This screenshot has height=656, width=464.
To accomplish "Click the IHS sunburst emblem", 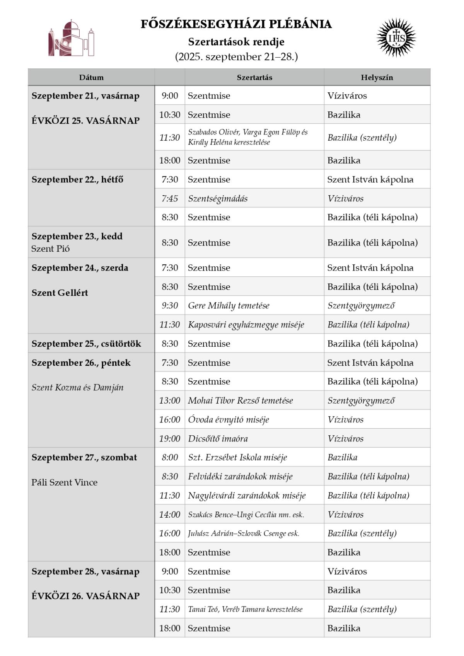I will tap(396, 38).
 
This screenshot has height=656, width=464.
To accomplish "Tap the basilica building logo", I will tap(72, 39).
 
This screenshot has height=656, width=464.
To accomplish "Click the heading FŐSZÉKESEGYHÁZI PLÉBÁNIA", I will tap(236, 24).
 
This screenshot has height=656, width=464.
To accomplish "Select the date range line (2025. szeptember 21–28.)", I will tap(236, 57).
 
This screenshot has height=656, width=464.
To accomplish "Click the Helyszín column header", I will tap(377, 77).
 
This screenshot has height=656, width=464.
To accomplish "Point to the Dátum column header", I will tap(91, 77).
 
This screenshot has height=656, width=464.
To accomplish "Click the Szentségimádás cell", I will tap(218, 199).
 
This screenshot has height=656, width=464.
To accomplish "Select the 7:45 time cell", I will tap(170, 199).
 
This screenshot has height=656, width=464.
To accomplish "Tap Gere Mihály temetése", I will tap(229, 306).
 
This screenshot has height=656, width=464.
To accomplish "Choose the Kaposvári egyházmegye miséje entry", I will tap(246, 325).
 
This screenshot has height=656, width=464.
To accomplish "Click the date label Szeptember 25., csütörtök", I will tap(86, 344).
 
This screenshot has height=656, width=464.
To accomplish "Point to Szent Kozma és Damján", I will tap(77, 387).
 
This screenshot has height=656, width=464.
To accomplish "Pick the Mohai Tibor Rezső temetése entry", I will tap(240, 400).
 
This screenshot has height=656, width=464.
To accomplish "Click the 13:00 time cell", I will tap(170, 400).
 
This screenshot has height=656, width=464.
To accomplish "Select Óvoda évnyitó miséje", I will tap(228, 419).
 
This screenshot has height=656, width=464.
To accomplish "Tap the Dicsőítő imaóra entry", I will tap(218, 439).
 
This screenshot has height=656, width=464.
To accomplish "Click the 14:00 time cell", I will tap(170, 515).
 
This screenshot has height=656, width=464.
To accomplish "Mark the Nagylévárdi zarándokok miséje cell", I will tap(247, 496).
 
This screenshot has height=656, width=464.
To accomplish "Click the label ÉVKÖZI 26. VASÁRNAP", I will tap(85, 596).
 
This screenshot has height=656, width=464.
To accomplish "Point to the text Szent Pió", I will tap(51, 249).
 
